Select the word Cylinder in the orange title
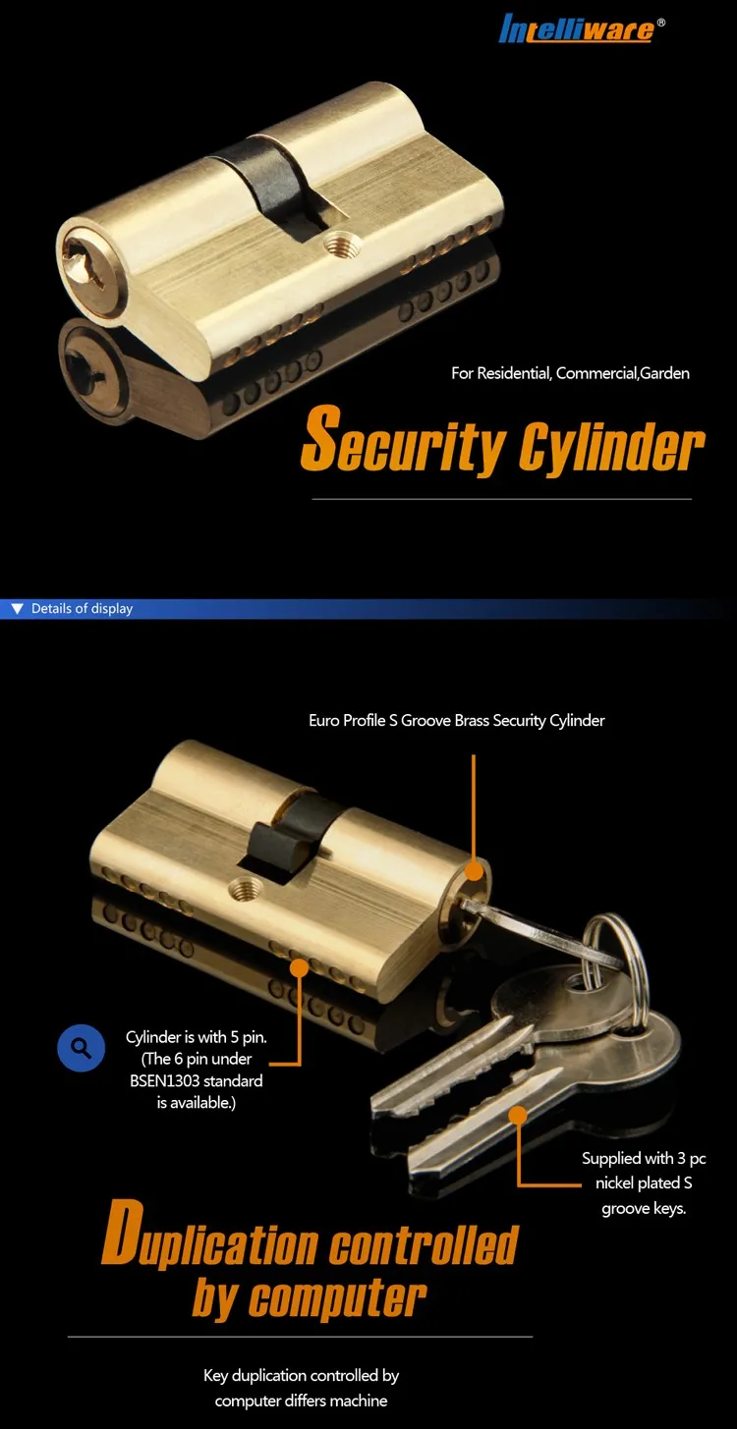coord(611,447)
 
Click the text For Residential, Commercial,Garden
coord(570,373)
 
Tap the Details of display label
coord(82,609)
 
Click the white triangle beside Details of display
coord(17,609)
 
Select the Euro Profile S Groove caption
coord(456,721)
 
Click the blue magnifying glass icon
coord(82,1048)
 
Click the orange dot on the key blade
coord(517,1114)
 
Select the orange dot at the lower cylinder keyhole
coord(474,871)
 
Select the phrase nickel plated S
coord(644,1183)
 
